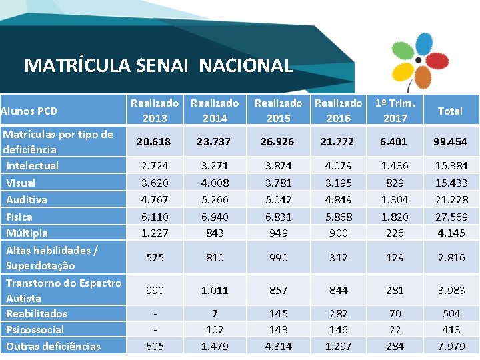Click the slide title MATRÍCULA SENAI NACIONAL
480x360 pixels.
[158, 65]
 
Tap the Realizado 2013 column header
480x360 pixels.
[155, 111]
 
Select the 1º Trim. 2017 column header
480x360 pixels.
[395, 111]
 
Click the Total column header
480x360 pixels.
[450, 111]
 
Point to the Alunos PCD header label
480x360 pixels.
[29, 111]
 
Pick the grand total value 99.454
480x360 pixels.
[450, 141]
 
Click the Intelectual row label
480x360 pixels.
[32, 165]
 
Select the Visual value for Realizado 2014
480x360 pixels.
[215, 183]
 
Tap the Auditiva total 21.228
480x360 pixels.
[450, 199]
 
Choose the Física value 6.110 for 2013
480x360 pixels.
[155, 217]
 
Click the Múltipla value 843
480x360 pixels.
[215, 233]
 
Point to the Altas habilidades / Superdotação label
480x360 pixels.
[52, 258]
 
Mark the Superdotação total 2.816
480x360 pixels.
[450, 257]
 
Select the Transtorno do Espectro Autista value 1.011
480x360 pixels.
[215, 290]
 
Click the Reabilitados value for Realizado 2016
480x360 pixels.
[338, 313]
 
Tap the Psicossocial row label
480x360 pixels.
[35, 329]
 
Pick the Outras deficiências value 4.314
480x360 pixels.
[278, 346]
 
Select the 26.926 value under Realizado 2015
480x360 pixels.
[278, 141]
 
